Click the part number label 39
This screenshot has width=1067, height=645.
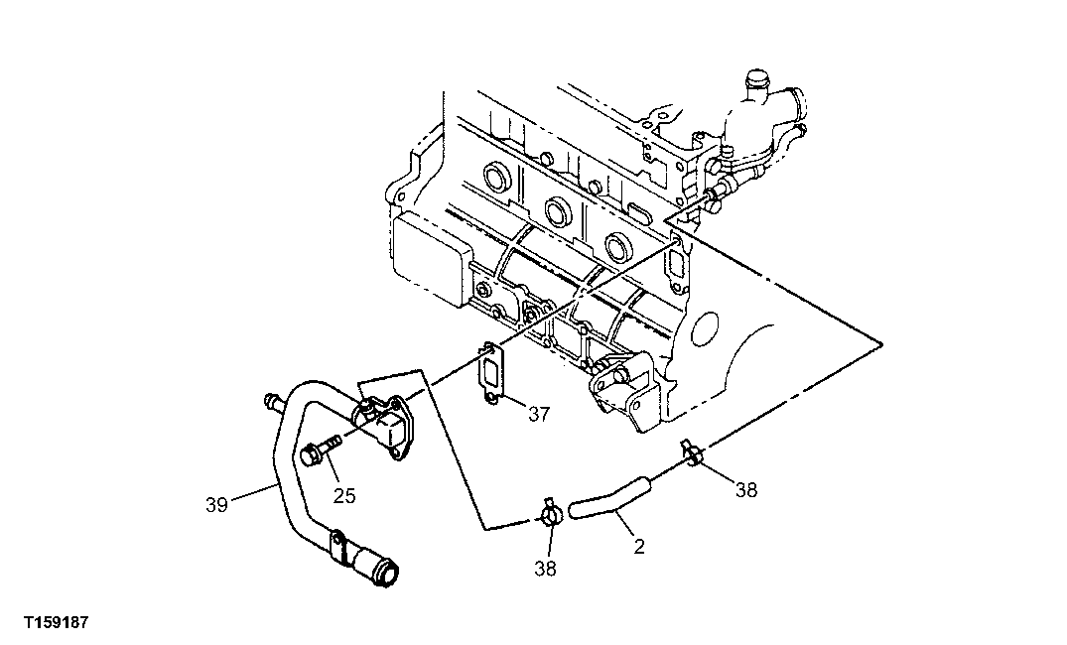pyautogui.click(x=216, y=504)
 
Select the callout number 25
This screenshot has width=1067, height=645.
pyautogui.click(x=343, y=495)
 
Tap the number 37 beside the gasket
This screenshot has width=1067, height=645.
pyautogui.click(x=538, y=414)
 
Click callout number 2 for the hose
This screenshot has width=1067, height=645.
pyautogui.click(x=639, y=547)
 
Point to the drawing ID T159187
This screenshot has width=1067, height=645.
pyautogui.click(x=56, y=623)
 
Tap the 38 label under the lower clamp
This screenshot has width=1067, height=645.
pyautogui.click(x=545, y=569)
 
